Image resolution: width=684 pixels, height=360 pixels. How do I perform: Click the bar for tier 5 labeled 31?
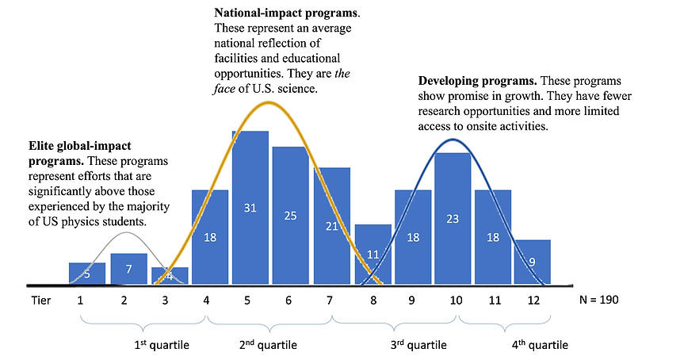coord(250,208)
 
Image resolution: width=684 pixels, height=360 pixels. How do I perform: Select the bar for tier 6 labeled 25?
coord(290,215)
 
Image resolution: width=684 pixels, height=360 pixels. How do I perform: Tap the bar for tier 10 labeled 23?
coord(453,219)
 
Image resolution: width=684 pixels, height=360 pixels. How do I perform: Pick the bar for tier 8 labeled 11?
coord(373,255)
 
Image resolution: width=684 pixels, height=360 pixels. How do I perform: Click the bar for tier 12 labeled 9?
coord(533,262)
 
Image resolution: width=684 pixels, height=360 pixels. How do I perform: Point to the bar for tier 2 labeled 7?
coord(128,269)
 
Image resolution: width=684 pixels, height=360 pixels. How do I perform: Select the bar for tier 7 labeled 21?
coord(331,226)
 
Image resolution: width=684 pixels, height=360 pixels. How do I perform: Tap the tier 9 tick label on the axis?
coord(412,301)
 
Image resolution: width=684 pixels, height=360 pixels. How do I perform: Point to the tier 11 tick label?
coord(493,301)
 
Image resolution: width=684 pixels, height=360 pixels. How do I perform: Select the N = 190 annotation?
coord(601,301)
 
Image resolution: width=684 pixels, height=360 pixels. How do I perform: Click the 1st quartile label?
coord(161,346)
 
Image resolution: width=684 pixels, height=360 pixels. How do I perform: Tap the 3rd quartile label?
coord(419,346)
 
